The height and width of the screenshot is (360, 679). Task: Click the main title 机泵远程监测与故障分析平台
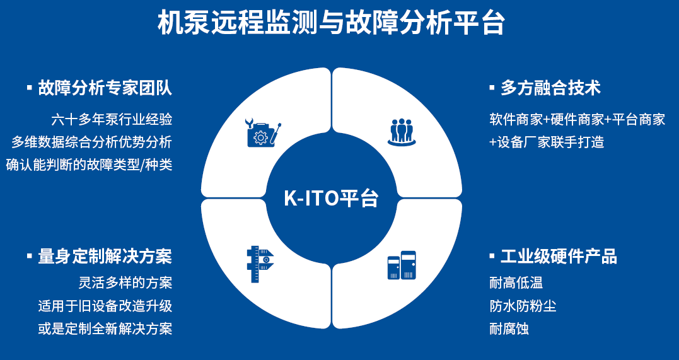pos(331,23)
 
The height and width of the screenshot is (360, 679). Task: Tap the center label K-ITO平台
pos(331,198)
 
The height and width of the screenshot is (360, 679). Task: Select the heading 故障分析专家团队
pos(105,88)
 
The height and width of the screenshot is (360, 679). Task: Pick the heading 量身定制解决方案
pos(105,256)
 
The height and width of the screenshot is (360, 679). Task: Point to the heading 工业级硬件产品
pos(559,256)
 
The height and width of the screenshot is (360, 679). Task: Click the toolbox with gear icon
pos(263,132)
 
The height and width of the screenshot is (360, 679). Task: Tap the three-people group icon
pos(402,132)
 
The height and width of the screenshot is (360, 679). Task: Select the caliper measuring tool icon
pos(260,264)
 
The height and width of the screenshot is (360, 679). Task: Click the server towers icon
pos(402,265)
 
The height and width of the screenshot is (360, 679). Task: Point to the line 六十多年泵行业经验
pos(112,119)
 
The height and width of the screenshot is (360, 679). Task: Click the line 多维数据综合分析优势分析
pos(92,142)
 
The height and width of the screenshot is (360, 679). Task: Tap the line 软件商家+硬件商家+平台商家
pos(577,119)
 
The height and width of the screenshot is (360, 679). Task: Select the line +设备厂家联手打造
pos(547,142)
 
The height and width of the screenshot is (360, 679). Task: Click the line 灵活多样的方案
pos(125,282)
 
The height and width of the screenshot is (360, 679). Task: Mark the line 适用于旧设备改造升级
pos(105,306)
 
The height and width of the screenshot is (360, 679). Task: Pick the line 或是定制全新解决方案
pos(105,329)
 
